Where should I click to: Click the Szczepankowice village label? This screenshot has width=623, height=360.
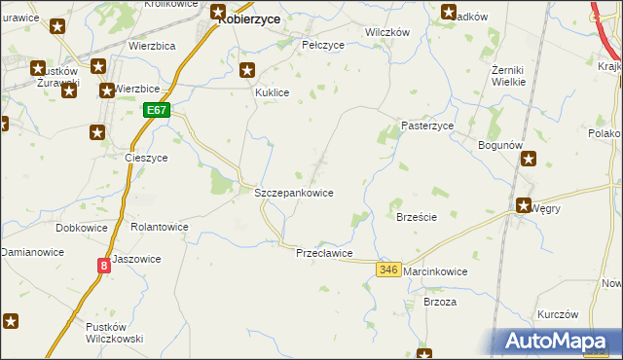[294, 193]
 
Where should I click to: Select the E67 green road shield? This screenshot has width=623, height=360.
[159, 111]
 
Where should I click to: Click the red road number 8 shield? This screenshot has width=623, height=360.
[103, 265]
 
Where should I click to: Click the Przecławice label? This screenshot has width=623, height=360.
[324, 252]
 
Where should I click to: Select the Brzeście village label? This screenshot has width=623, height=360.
[416, 217]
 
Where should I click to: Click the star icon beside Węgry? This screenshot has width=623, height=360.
[523, 206]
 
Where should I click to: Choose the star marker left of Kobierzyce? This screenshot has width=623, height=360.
[219, 13]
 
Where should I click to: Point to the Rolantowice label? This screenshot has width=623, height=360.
[160, 227]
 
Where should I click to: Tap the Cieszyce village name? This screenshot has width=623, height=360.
[147, 157]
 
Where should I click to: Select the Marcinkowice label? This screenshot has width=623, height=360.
[435, 271]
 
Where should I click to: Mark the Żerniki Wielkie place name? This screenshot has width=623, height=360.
[509, 75]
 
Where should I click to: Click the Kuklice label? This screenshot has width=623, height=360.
[274, 92]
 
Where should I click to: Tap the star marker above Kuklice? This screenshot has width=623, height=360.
[247, 70]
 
